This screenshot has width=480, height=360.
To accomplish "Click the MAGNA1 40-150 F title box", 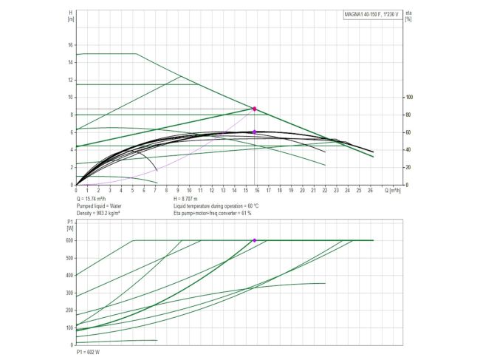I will tap(371, 15).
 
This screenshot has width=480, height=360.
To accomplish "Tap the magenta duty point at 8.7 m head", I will tap(255, 109).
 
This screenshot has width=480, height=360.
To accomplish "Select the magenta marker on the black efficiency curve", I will tap(255, 132).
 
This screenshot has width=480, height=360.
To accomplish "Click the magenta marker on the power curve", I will tap(255, 240).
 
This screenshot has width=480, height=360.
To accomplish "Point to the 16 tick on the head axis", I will tap(70, 44).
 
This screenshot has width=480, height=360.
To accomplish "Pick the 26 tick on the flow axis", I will tap(369, 190).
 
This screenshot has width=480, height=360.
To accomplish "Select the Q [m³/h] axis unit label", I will tap(394, 190).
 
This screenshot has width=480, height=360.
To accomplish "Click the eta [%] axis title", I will tap(408, 16).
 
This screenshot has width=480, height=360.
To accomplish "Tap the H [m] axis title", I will tap(70, 16).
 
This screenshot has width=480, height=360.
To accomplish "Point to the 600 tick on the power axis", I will tap(69, 240).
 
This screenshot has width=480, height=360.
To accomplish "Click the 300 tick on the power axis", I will tap(69, 293).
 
